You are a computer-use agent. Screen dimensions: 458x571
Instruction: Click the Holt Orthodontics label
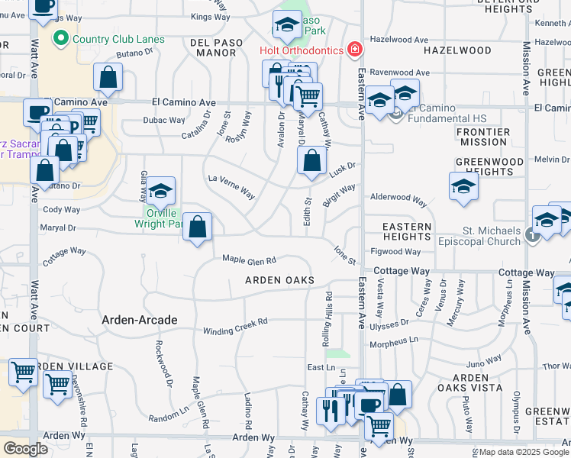300,51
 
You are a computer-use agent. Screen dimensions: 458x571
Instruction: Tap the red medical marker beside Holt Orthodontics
354,50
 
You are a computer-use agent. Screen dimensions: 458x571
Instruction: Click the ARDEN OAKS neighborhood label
279,281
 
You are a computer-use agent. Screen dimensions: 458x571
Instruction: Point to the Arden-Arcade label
140,320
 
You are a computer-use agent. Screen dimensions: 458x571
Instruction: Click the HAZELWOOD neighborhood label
457,50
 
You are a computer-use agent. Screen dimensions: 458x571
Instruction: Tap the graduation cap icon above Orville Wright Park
160,191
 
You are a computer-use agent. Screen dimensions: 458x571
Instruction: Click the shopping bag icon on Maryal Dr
198,227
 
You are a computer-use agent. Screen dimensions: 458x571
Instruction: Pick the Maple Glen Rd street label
248,260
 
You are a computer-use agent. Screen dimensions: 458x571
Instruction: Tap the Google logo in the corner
25,449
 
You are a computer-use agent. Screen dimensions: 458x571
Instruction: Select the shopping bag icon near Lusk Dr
311,161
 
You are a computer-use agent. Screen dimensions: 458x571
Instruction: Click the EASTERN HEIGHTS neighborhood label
407,232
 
